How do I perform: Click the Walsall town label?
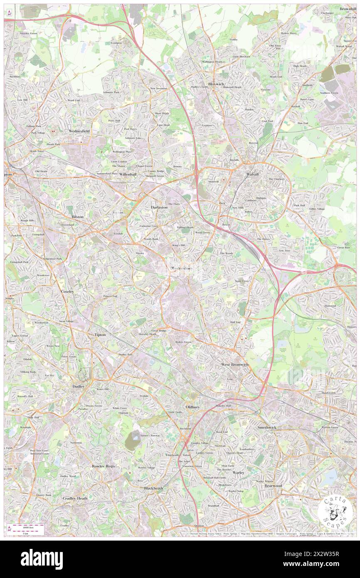(253, 174)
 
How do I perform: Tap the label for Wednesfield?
(79, 131)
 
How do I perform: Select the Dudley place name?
(79, 386)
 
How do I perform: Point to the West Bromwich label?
(234, 364)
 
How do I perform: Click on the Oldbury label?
(193, 406)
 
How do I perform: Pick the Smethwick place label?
(267, 427)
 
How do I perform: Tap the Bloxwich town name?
(216, 84)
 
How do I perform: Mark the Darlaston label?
(159, 207)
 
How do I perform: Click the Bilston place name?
(77, 217)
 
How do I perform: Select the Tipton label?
(100, 334)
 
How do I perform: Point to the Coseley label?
(68, 291)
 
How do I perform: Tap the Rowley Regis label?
(104, 466)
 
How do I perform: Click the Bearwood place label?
(273, 485)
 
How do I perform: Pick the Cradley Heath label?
(75, 498)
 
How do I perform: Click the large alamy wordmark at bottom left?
(42, 559)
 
